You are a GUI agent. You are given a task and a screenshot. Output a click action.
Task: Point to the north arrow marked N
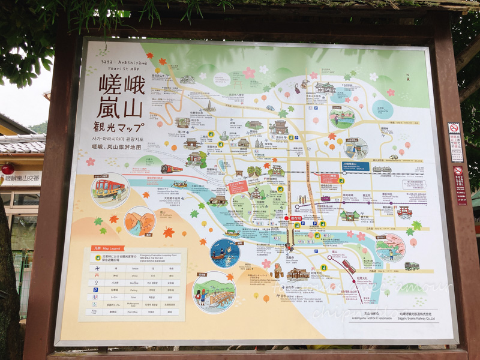coord(407,77)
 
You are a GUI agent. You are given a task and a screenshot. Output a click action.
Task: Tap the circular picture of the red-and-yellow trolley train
coord(110,190)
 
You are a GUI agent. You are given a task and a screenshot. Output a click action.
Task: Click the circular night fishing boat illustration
coord(225,253)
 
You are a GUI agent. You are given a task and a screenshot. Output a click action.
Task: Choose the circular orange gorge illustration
coord(139,221)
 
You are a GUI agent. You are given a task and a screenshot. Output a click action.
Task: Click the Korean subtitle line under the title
coord(124,139)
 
